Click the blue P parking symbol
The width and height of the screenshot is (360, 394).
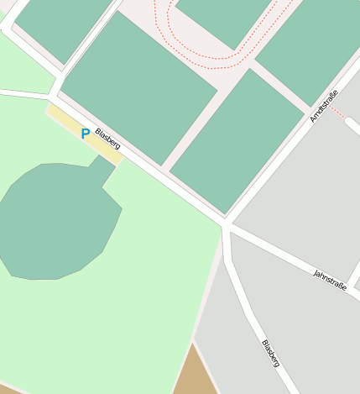tap(86, 133)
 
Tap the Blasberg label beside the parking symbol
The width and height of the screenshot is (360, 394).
tap(107, 139)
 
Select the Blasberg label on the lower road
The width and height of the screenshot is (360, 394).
tap(270, 353)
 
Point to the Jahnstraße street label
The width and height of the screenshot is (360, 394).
tap(330, 280)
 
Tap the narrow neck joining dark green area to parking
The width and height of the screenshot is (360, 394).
tap(103, 172)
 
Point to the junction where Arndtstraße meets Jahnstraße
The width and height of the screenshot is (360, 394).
tap(227, 223)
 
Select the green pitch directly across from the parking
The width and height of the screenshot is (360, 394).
tap(138, 88)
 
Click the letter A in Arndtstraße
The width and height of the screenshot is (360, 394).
tap(312, 118)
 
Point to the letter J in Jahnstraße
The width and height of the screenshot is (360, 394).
tap(316, 271)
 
